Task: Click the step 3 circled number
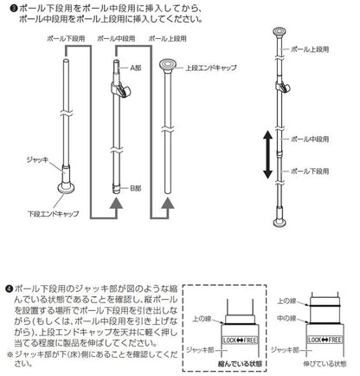click(7, 8)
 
